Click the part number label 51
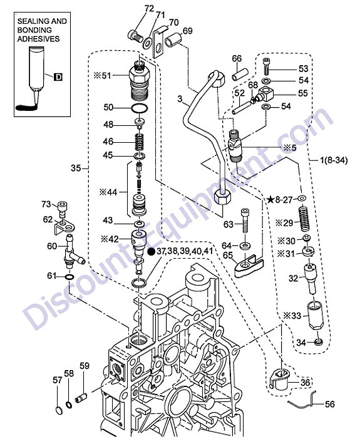tap(106, 76)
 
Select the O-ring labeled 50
tap(140, 108)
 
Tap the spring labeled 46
tap(139, 142)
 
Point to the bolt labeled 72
tap(135, 36)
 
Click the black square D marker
tap(58, 77)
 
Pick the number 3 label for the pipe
tap(180, 99)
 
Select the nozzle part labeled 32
tap(311, 279)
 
